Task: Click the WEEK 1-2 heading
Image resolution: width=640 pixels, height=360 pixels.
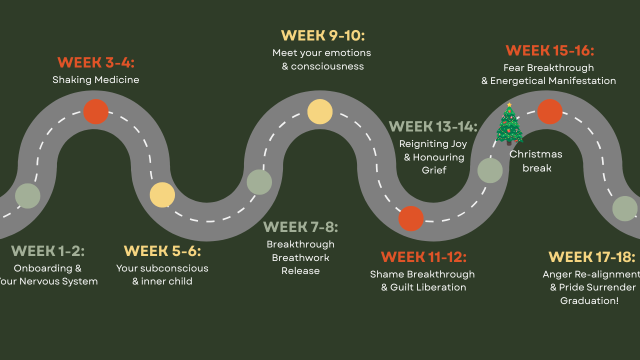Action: coord(48,250)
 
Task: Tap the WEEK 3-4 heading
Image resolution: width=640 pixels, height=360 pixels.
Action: coord(96,62)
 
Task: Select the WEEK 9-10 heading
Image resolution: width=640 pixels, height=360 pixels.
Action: coord(322,35)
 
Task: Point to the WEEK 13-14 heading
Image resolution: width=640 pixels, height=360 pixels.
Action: coord(433,126)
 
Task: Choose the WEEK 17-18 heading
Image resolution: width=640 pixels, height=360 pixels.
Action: coord(592,257)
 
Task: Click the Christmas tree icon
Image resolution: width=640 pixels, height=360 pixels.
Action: coord(509,125)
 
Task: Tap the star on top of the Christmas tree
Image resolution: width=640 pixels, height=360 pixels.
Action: coord(509,105)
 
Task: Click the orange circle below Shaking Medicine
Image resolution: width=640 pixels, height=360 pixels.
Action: coord(96,111)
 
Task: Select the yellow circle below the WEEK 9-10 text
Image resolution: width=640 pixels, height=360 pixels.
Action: coord(320,111)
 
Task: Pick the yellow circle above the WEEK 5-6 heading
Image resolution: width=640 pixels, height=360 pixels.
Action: coord(162,195)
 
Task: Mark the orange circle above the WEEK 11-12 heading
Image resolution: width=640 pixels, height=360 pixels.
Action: coord(411,218)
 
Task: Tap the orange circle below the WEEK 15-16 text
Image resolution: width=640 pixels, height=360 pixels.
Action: coord(550,111)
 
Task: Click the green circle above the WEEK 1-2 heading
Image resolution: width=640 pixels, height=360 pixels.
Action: coord(27,196)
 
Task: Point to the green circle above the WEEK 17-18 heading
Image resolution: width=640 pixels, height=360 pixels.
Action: coord(625,208)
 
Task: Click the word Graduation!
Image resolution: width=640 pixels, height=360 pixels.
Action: coord(589,300)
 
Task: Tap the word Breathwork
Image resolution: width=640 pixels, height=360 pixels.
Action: coord(300,257)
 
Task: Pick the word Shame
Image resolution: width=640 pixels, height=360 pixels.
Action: coord(387,274)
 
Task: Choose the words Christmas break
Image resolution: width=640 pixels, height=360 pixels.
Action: coord(536,161)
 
